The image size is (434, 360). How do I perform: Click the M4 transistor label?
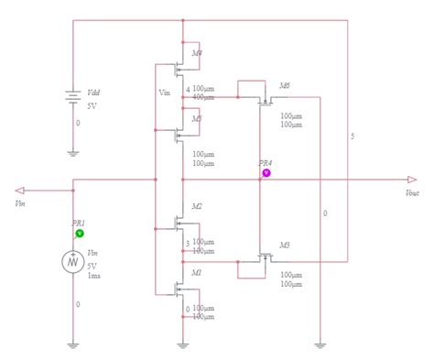(198, 52)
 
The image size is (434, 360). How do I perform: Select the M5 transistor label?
(198, 118)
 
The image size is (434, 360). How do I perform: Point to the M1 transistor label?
(197, 273)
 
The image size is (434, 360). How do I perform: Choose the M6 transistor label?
(285, 85)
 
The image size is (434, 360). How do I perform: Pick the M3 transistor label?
(285, 245)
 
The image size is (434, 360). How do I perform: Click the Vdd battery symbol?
(72, 98)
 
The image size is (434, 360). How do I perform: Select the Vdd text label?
(93, 93)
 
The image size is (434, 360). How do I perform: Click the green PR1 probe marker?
(80, 234)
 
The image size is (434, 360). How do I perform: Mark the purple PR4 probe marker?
(266, 172)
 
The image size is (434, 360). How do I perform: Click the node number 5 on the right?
(353, 136)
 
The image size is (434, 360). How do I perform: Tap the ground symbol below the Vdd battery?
(72, 153)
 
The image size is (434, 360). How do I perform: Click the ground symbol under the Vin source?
(73, 344)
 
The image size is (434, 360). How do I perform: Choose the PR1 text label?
(79, 223)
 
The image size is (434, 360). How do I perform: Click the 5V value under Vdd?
(91, 105)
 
